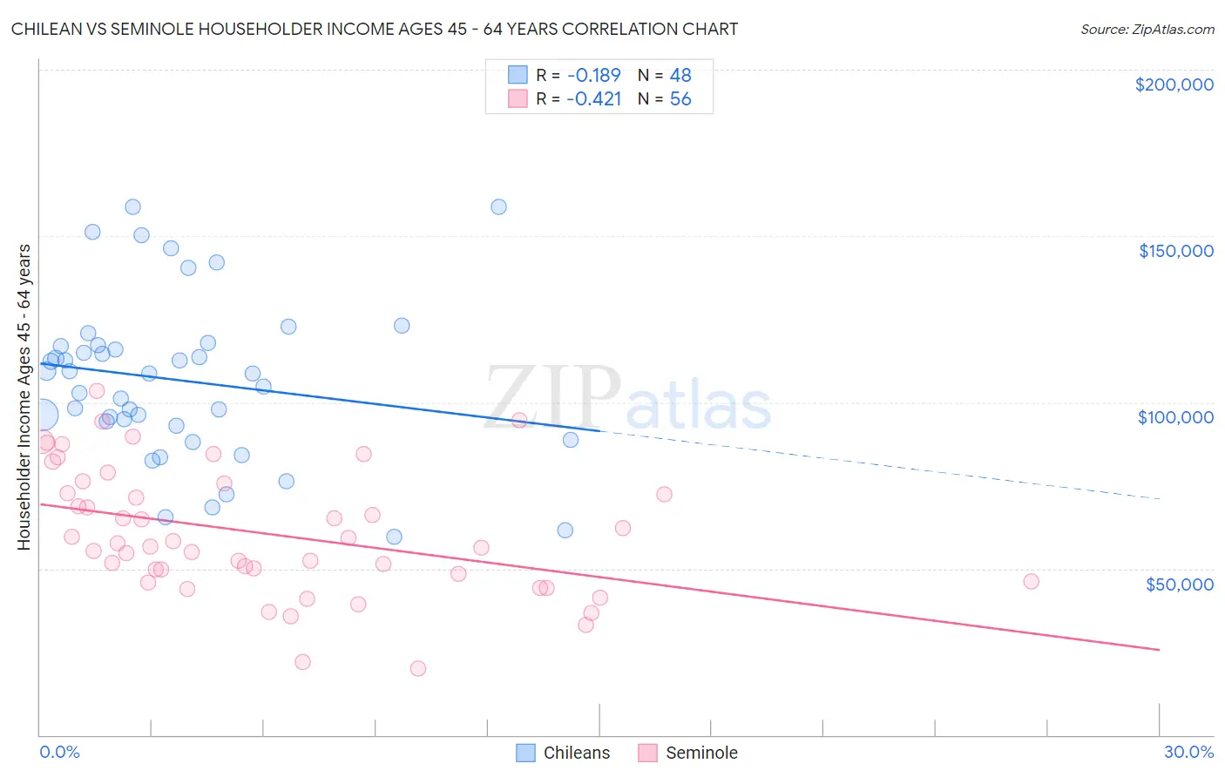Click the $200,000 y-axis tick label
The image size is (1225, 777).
click(x=1174, y=84)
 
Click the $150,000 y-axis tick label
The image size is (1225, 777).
click(x=1175, y=251)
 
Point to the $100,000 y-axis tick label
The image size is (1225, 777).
click(x=1175, y=417)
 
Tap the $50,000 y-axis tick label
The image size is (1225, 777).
click(x=1179, y=584)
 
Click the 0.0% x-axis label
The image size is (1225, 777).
click(x=59, y=752)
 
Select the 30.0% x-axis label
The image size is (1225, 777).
click(x=1188, y=752)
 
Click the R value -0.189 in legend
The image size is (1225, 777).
click(x=593, y=76)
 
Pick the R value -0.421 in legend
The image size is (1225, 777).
click(x=593, y=99)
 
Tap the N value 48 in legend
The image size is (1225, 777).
click(x=680, y=76)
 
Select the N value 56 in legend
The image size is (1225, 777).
click(x=680, y=99)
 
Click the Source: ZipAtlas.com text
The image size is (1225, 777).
click(x=1147, y=30)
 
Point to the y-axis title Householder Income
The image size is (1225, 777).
click(x=24, y=396)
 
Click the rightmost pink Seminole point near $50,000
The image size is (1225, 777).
click(x=1031, y=581)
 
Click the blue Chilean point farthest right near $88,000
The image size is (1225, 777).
click(x=571, y=440)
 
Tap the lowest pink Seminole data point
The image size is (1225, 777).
click(x=418, y=668)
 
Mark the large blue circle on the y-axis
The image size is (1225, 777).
click(x=42, y=416)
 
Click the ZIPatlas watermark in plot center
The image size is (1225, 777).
click(x=627, y=399)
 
